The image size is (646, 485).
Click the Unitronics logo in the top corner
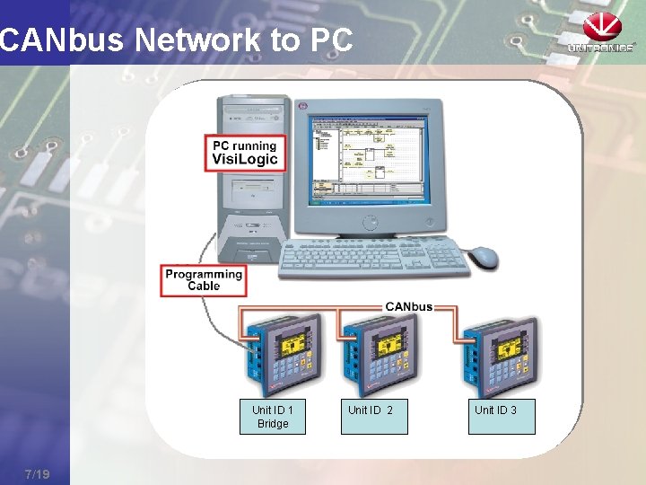click(600, 33)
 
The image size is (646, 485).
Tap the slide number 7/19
click(37, 473)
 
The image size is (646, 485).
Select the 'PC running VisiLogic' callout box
click(245, 153)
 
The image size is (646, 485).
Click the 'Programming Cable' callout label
click(204, 279)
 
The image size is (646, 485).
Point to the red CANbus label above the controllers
click(408, 306)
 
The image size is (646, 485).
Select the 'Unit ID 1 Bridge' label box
click(272, 417)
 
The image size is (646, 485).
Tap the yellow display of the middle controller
click(390, 343)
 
